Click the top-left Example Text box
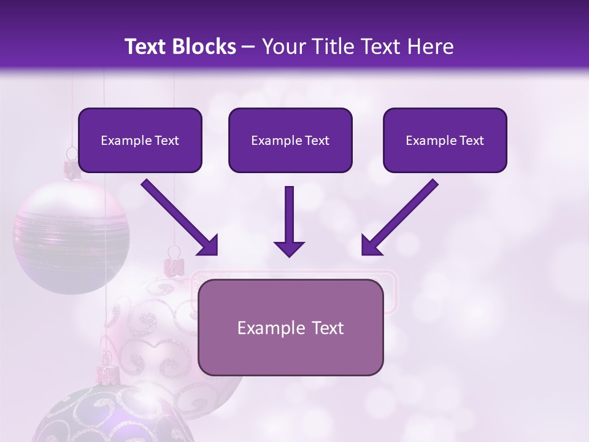140,140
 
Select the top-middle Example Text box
290,140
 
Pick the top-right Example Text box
445,140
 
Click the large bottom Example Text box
290,327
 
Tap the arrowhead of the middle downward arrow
289,248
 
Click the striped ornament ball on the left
71,236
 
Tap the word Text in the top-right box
470,141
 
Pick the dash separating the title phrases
248,47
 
